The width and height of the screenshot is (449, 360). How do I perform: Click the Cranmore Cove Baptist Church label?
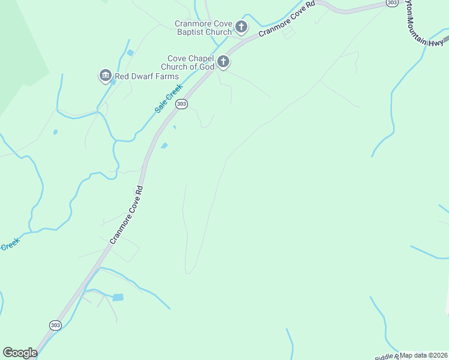[203, 28]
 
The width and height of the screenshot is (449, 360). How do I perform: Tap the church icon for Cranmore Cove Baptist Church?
[241, 26]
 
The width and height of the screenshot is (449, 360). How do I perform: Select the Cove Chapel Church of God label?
[190, 62]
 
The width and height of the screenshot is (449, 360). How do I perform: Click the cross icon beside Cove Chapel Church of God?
[223, 61]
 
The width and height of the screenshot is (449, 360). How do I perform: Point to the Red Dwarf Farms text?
[147, 76]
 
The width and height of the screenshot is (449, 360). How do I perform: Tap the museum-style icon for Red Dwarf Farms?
[106, 76]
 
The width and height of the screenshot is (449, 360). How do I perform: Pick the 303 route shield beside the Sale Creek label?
[182, 104]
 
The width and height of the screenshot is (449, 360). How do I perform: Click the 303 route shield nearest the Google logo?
[55, 325]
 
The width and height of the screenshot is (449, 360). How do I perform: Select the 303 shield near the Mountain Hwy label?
[391, 3]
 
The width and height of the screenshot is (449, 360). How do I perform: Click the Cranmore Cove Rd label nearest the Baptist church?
[287, 19]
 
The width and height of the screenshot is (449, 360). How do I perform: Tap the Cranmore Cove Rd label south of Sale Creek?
[126, 214]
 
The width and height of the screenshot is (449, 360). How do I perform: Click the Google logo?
[20, 353]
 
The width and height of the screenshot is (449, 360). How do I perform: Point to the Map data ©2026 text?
[424, 355]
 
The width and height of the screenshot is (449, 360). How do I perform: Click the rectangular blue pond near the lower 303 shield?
[118, 297]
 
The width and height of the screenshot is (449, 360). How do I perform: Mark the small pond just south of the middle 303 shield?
[164, 145]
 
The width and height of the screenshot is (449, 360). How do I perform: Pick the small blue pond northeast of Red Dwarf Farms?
[130, 53]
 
